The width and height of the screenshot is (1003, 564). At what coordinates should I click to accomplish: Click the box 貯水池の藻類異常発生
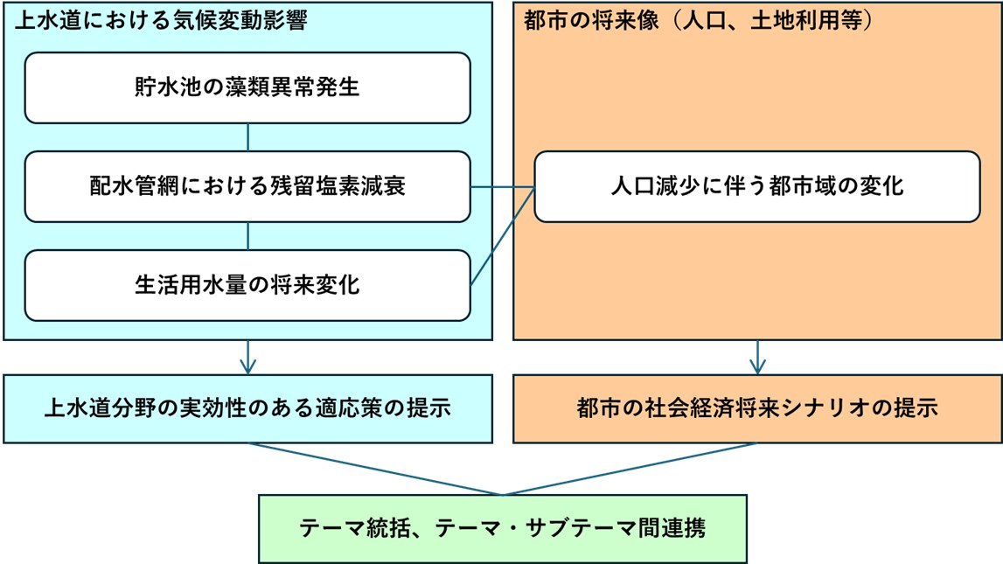tap(247, 87)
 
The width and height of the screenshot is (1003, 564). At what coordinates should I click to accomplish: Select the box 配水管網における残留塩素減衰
tap(247, 186)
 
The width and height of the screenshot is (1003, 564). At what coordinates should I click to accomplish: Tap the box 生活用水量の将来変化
tap(247, 285)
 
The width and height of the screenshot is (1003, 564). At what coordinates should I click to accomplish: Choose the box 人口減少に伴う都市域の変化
tap(757, 186)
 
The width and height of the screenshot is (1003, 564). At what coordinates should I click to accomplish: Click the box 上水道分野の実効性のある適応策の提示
tap(247, 408)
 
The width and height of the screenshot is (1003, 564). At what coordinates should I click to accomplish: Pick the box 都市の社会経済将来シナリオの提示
tap(757, 408)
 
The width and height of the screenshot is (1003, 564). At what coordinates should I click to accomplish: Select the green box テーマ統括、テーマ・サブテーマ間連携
tap(503, 528)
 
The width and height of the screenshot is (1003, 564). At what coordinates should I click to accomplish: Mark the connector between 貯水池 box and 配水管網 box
tap(247, 137)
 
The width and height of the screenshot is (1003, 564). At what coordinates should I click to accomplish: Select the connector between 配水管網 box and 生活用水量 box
tap(247, 236)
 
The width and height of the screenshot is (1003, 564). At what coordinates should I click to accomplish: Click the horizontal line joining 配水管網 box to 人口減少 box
tap(502, 187)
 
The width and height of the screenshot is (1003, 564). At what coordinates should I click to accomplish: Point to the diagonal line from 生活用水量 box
tap(503, 236)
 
